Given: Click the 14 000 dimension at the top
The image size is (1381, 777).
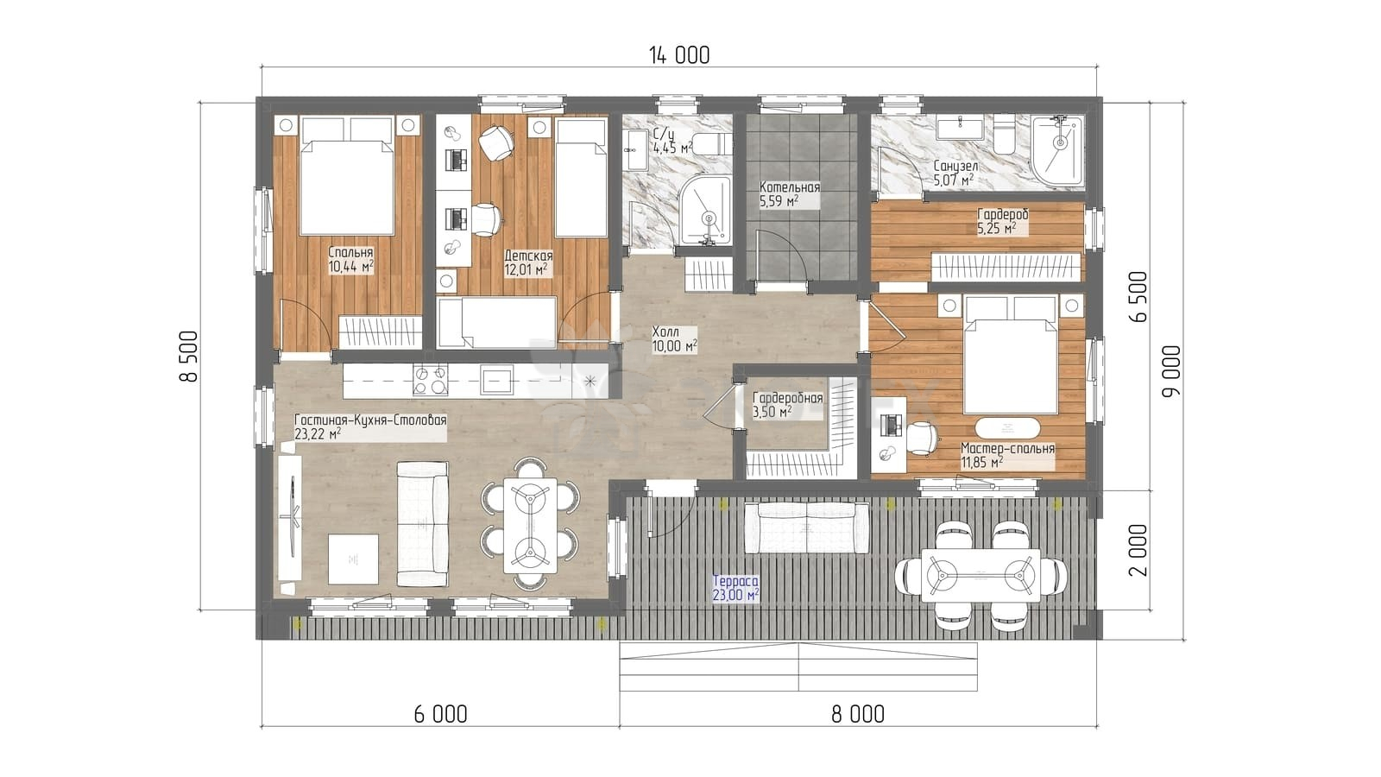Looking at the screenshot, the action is (679, 56).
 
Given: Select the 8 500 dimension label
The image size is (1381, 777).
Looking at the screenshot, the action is (189, 357).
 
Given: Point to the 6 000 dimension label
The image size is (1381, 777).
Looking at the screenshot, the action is (440, 714).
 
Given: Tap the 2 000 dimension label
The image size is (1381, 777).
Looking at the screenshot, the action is (1138, 550).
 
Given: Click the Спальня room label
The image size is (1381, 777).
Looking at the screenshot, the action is (350, 253).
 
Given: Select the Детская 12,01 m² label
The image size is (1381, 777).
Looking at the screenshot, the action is (528, 262).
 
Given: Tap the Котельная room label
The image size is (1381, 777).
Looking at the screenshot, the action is (790, 187).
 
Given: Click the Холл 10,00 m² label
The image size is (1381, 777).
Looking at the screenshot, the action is (674, 339).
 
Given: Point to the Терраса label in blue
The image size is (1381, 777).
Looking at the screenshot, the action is (735, 581).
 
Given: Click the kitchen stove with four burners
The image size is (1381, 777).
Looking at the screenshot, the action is (431, 380).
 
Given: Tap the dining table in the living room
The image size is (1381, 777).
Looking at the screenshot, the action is (530, 526).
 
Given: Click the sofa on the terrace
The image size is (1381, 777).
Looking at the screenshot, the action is (806, 528).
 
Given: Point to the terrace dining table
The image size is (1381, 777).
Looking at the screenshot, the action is (981, 575).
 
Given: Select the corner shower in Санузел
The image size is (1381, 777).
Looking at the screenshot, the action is (1058, 150).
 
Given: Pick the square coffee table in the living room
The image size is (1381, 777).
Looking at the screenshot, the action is (353, 559).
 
